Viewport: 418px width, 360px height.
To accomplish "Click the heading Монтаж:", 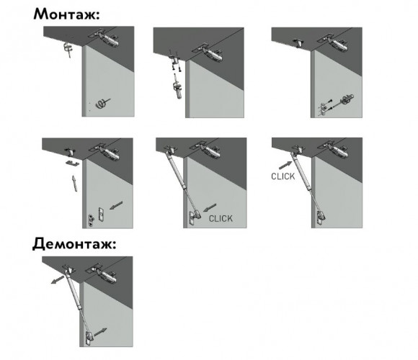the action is tap(66, 14).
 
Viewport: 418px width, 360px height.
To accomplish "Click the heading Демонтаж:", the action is tap(74, 243).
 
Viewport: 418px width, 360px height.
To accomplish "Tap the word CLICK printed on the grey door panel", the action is tap(221, 219).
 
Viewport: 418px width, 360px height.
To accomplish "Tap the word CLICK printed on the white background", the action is tap(283, 176).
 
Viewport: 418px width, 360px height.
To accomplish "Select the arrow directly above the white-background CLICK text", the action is tap(285, 165).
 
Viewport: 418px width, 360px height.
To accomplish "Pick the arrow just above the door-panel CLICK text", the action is tap(210, 207).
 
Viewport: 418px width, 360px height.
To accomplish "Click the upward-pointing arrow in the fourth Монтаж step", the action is tap(75, 183).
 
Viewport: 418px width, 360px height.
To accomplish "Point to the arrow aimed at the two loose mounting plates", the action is tap(116, 205).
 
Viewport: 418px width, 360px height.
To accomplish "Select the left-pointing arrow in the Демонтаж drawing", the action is tap(58, 280).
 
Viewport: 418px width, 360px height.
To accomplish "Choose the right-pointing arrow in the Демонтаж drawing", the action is tap(100, 332).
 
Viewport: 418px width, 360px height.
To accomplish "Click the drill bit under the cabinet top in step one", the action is tap(68, 50).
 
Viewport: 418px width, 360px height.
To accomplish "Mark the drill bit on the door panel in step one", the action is tap(103, 103).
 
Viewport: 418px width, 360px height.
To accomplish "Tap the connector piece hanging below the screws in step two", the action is tap(178, 89).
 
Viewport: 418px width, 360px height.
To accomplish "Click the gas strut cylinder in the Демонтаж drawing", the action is tap(73, 289).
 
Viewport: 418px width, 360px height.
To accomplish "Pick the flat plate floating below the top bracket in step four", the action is tap(72, 163).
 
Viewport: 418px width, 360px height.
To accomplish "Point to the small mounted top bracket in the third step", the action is tap(298, 43).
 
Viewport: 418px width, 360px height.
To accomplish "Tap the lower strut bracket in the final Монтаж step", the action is tap(321, 217).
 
